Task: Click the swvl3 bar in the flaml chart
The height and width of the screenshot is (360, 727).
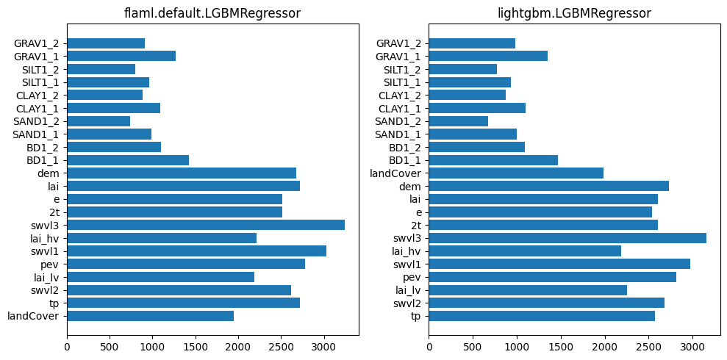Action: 206,225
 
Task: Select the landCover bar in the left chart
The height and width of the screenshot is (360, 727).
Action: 150,316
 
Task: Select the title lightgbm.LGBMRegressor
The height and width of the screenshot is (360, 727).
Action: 575,13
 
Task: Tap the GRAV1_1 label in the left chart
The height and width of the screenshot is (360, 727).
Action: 37,56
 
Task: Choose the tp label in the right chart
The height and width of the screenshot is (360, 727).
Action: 416,316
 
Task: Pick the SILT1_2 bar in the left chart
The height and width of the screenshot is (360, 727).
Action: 101,69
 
